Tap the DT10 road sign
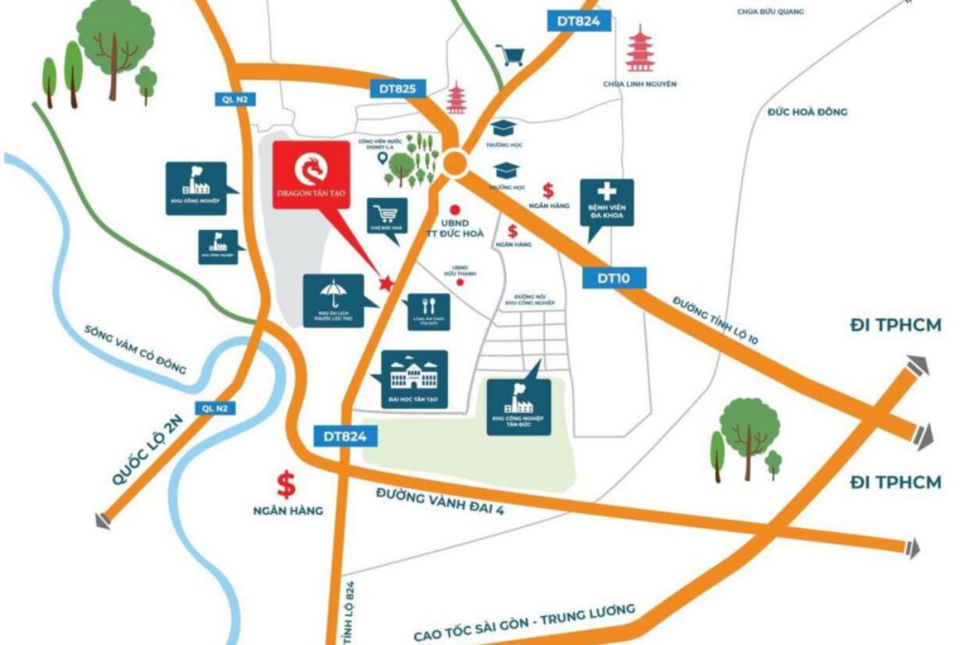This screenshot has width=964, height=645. pos(613,278)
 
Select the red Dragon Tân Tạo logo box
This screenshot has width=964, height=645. pos(310,174)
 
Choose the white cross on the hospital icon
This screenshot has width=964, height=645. pos(607,190)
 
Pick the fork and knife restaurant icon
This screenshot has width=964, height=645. pos(426,305)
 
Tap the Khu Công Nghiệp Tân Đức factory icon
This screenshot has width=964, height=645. pos(518,399)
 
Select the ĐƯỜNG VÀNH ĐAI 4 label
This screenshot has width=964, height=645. pos(440,502)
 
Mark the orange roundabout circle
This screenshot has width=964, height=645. pos(455,162)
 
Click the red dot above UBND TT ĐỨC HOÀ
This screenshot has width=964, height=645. pos(455,210)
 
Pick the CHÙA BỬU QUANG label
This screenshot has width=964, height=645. pos(770,11)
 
